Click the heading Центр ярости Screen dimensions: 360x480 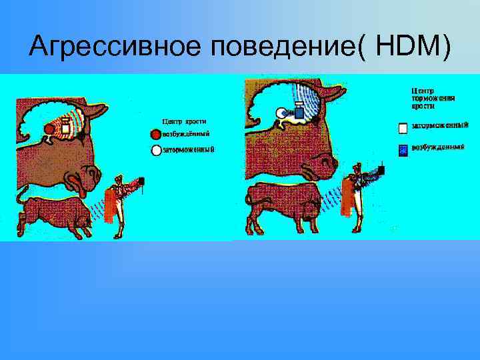(x=185, y=121)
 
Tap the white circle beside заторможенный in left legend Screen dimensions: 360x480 (x=157, y=150)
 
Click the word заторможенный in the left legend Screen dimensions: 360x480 (x=189, y=150)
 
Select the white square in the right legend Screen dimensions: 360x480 (x=403, y=126)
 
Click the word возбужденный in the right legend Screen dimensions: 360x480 (x=437, y=147)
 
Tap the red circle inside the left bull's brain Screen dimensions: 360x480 (x=49, y=128)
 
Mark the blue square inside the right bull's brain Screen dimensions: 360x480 (x=299, y=113)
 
